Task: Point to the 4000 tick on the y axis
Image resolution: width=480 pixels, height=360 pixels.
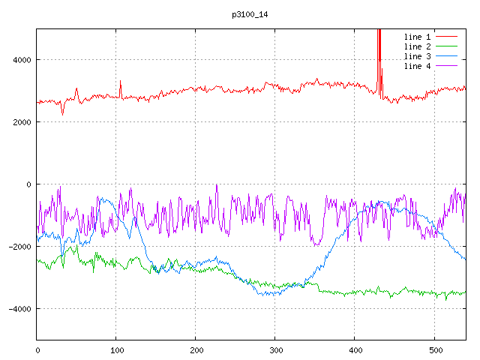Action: (x=21, y=60)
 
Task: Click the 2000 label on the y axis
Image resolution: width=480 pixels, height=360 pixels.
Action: (x=21, y=122)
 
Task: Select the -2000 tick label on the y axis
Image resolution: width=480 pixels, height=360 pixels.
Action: (x=19, y=247)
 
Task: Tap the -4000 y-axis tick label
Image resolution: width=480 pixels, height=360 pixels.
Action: (x=19, y=309)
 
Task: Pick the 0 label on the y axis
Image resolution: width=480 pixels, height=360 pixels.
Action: (x=28, y=184)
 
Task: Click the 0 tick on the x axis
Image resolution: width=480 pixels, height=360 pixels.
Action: (x=37, y=349)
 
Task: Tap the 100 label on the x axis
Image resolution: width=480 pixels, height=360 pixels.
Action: (x=116, y=349)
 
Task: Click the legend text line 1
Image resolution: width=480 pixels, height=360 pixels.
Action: (x=418, y=36)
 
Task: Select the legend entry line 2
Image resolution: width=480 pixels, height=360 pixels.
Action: (x=418, y=46)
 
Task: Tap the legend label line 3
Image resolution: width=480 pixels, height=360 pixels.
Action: (x=418, y=56)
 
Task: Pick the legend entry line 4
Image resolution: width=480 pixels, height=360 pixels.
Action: (x=418, y=66)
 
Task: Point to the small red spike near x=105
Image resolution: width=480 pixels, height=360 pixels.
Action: (x=120, y=82)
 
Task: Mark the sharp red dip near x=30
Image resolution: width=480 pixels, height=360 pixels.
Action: (x=62, y=112)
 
